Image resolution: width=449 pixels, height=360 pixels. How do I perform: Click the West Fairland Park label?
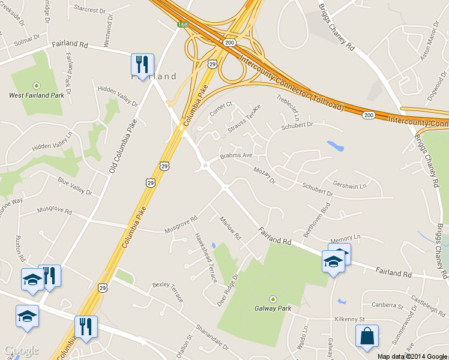[36, 95]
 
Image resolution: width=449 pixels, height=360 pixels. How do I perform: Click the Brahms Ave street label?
[236, 155]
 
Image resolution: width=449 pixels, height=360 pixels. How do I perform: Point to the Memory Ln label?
[343, 239]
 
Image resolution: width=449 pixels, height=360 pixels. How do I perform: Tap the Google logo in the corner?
[21, 351]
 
